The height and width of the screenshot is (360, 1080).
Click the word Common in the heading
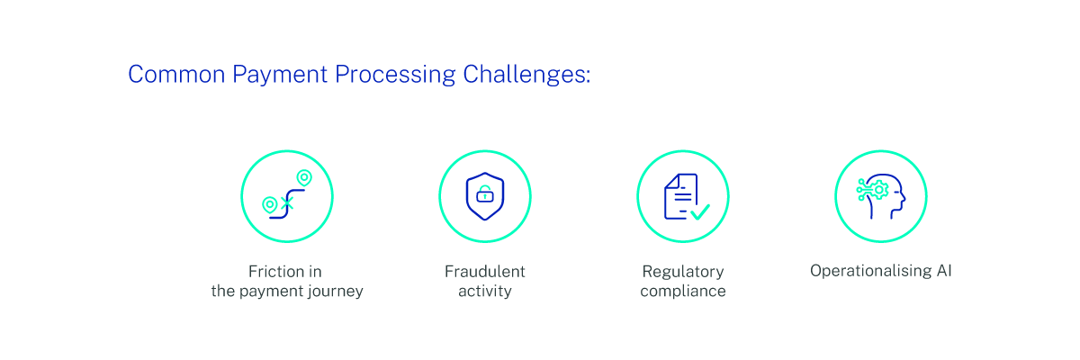pos(176,75)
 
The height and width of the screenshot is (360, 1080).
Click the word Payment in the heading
pos(280,76)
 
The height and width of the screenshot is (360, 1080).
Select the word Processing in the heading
pos(395,76)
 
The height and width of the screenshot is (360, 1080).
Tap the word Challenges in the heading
pos(525,76)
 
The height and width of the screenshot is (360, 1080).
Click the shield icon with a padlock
pos(485,196)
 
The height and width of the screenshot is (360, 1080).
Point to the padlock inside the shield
pos(485,194)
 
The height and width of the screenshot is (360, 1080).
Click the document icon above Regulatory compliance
pos(680,196)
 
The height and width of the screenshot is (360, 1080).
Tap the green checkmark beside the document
pos(700,212)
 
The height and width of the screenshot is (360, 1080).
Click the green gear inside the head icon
pos(879,190)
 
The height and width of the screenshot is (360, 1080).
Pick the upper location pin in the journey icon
pos(304,178)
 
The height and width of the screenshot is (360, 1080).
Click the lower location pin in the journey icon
pos(269,205)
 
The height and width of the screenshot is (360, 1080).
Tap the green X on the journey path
pos(287,202)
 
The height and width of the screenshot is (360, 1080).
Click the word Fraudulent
pos(485,271)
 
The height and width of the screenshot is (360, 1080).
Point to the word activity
pos(485,292)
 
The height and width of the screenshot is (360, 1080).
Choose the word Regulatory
pos(683,273)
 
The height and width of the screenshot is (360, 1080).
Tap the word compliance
pos(683,292)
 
